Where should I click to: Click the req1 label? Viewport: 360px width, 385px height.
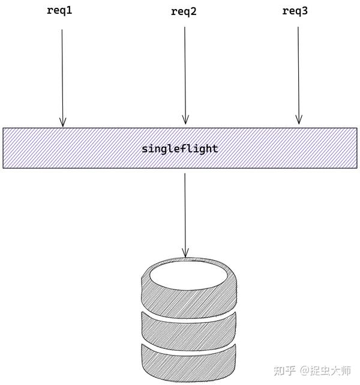coord(59,10)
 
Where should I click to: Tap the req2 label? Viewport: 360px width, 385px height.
coord(184,12)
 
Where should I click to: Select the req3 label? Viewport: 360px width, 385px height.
coord(295,11)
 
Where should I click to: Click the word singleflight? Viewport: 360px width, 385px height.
coord(180,148)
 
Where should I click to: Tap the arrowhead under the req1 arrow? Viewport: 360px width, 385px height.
coord(62,122)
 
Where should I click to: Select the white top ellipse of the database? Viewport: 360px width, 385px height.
coord(188,274)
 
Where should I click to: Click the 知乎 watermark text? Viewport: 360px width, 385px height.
coord(284,371)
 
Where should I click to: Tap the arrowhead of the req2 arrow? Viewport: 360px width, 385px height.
coord(185,120)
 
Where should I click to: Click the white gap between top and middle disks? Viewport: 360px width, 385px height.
coord(188,313)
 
